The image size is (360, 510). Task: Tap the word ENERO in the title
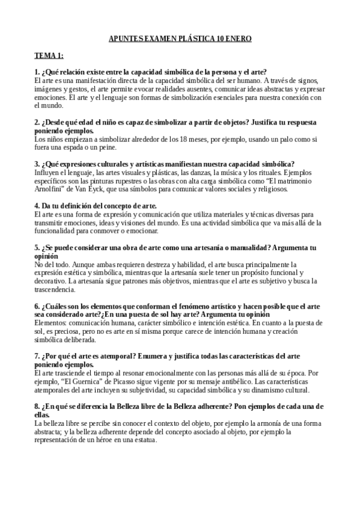pos(239,38)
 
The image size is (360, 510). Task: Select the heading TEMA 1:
pos(49,56)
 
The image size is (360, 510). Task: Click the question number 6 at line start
pos(37,306)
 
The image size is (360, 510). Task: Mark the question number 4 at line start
pos(37,205)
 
